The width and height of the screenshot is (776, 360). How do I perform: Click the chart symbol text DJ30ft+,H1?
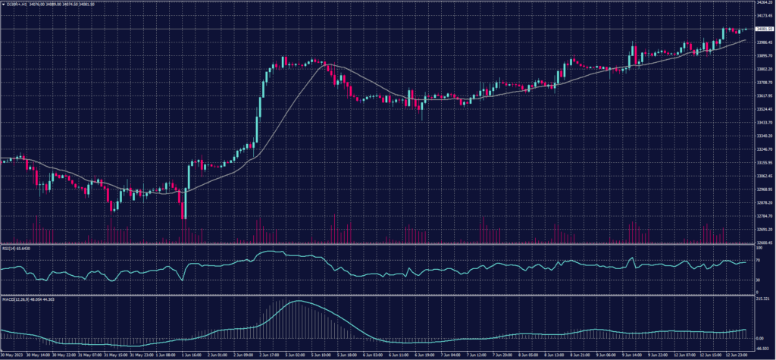coord(17,4)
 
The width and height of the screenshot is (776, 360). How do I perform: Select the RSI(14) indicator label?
coord(10,247)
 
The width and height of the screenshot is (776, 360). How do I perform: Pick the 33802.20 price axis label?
coord(764,69)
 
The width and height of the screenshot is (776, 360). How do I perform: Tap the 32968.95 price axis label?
coord(764,189)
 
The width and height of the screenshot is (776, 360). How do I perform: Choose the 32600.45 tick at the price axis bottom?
coord(764,243)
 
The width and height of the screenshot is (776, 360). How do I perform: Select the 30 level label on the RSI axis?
coord(759,280)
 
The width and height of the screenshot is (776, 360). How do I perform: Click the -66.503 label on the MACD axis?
coord(762,348)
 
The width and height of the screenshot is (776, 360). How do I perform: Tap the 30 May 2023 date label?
coord(11,354)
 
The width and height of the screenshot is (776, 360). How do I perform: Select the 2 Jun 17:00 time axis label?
coord(268,354)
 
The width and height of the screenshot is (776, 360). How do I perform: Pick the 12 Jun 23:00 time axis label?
coord(734,354)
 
